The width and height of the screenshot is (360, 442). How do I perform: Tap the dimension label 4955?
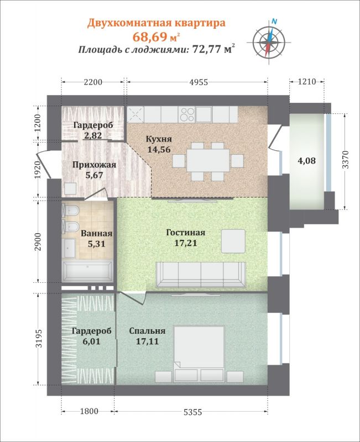[197, 82]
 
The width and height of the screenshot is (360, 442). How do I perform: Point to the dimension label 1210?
[307, 82]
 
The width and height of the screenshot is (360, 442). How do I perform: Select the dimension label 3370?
[346, 160]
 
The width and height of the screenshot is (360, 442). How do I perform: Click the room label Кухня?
[159, 139]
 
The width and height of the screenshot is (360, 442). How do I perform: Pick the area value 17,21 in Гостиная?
[186, 243]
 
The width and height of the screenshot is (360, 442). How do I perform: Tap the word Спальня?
[147, 331]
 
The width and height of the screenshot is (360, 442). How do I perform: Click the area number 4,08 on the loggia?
[307, 161]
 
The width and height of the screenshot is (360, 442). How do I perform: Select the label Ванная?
[96, 233]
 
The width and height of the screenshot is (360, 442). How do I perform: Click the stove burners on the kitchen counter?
[187, 114]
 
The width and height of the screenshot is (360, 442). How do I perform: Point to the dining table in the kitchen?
[207, 161]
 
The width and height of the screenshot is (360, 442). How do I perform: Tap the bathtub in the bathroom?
[87, 272]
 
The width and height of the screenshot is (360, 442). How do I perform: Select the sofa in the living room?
[201, 275]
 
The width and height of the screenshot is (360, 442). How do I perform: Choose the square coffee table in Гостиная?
[233, 241]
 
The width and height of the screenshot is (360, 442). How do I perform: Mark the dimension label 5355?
[193, 412]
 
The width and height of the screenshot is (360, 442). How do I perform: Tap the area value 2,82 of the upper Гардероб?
[93, 135]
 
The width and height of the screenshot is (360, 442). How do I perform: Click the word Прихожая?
[94, 165]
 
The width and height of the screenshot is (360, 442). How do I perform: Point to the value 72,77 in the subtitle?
[206, 50]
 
